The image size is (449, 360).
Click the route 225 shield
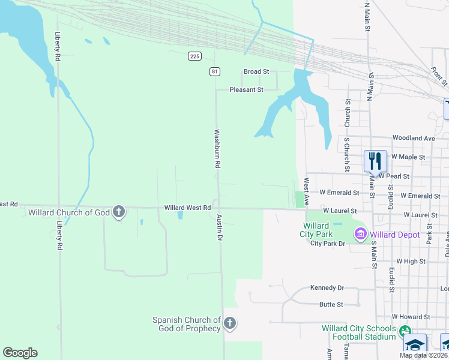[194, 56]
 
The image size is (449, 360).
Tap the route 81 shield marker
[215, 71]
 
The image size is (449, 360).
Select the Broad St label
[256, 71]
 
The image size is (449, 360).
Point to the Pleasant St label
[247, 89]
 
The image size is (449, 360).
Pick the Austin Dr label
[220, 228]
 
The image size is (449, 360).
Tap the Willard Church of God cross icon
[119, 211]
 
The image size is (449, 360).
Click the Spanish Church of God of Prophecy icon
[229, 324]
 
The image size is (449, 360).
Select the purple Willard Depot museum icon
[360, 235]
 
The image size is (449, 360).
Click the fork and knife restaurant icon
[375, 161]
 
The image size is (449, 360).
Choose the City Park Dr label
[328, 243]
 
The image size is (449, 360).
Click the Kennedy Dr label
[327, 288]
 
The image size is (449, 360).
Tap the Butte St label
[331, 304]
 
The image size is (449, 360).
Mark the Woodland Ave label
[413, 138]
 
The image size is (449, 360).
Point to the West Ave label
[306, 189]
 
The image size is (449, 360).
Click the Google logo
[20, 353]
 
